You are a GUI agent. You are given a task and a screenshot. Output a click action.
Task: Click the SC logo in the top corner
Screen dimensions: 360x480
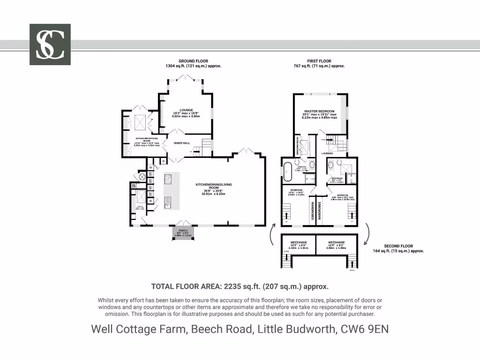point(50,45)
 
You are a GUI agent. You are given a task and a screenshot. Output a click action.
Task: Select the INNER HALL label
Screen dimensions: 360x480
point(181,142)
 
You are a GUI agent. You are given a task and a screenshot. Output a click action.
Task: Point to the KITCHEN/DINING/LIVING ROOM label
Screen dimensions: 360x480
point(214,185)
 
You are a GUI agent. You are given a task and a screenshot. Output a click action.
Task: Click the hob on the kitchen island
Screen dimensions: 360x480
point(168,179)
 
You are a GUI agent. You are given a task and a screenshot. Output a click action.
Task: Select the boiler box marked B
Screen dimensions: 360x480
point(135,186)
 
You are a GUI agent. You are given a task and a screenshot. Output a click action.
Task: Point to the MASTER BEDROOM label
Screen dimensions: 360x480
point(319,111)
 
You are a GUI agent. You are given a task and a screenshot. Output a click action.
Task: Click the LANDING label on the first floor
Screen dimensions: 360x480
point(327,153)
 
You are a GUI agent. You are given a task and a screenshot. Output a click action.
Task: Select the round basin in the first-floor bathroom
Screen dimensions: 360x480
point(330,165)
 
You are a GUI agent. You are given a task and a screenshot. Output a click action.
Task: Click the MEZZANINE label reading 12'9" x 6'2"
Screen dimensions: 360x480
point(336,242)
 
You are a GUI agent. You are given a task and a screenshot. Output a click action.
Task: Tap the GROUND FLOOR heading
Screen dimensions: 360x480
point(193,61)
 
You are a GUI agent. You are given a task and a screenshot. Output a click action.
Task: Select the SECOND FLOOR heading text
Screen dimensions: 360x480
point(398,246)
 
